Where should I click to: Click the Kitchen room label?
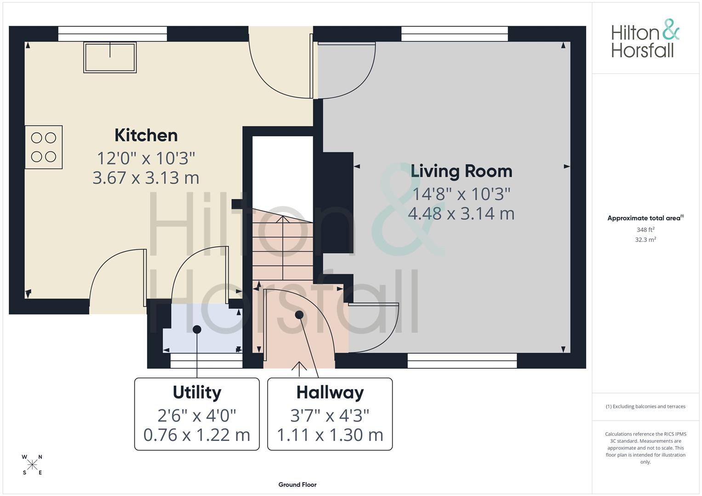click(146, 135)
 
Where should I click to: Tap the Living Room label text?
click(461, 171)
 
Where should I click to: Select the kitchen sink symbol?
click(110, 57)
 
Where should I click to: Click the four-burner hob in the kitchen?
click(44, 147)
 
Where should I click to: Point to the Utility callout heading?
click(197, 393)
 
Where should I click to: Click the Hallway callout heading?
click(330, 393)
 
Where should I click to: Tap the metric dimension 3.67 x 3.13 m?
click(146, 178)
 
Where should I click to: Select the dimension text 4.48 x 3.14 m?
click(461, 214)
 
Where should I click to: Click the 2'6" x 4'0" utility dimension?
click(197, 416)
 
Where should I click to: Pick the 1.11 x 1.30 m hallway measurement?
click(330, 435)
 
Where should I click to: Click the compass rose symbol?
click(32, 465)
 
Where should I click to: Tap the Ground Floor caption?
click(297, 485)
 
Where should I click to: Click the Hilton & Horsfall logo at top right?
click(645, 39)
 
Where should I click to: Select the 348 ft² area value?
click(645, 230)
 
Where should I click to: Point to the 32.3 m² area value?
click(645, 240)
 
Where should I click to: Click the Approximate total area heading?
click(645, 218)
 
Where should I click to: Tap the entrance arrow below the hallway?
click(299, 366)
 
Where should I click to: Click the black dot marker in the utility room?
click(197, 329)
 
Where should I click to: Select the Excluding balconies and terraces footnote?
click(645, 406)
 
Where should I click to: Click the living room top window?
click(454, 34)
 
